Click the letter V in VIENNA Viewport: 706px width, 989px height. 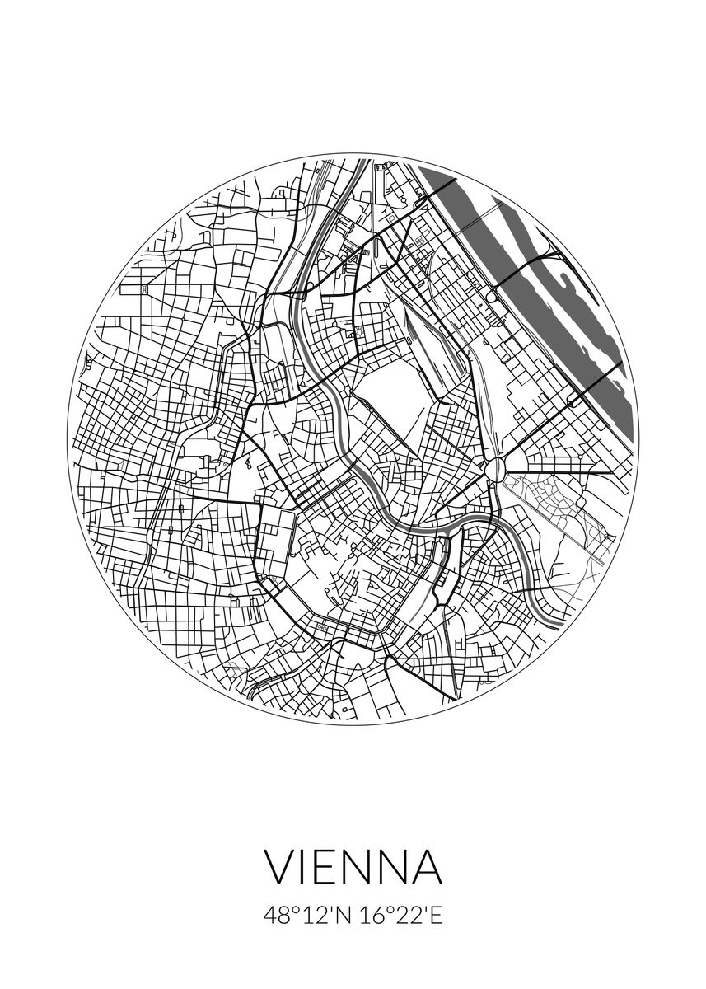(282, 868)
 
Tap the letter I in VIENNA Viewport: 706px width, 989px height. (306, 868)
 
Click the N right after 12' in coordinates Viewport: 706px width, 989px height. (343, 916)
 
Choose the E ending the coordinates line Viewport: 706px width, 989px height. (436, 916)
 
